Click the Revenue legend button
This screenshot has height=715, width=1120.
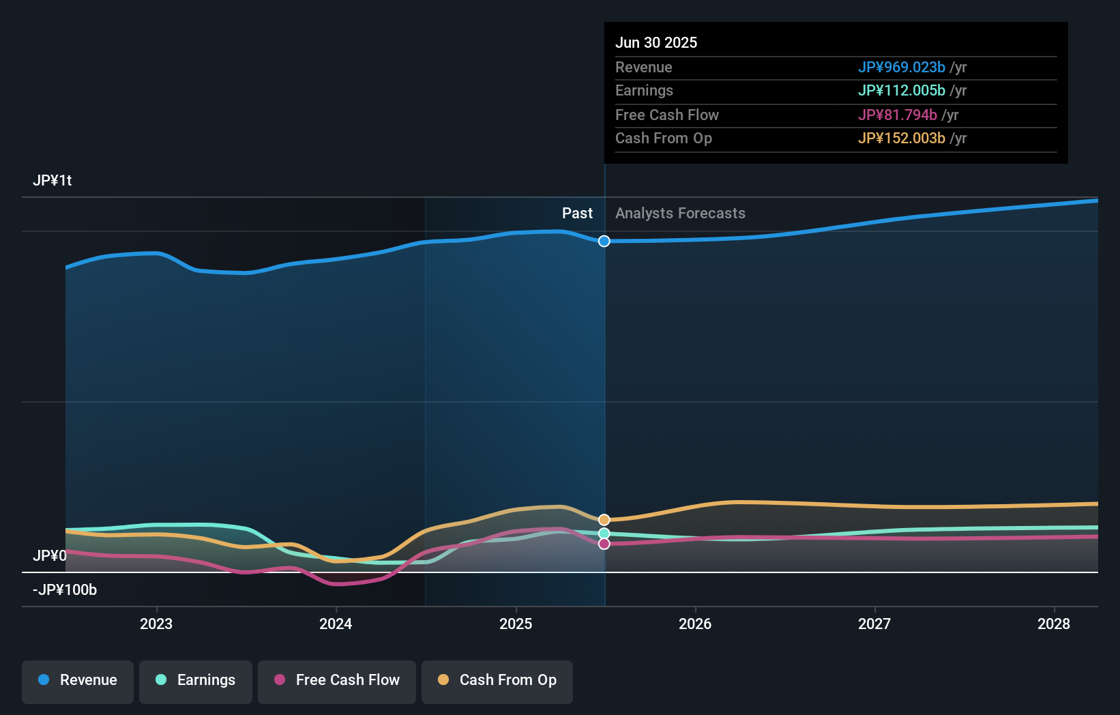[78, 680]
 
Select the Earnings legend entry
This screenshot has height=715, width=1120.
[196, 680]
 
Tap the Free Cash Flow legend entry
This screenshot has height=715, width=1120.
[337, 680]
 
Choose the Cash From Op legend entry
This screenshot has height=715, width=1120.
[497, 680]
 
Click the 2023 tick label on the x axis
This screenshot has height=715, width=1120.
[156, 624]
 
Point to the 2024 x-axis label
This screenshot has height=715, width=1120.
[336, 624]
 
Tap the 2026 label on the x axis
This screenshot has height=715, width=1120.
[695, 624]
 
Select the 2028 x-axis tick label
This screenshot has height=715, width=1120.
[1054, 624]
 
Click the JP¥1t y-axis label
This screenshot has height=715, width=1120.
[53, 181]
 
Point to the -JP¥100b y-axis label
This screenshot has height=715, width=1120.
[65, 590]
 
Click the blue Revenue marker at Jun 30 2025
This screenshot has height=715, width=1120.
[604, 241]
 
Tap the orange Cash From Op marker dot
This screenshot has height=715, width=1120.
[604, 520]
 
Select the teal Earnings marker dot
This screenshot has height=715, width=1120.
[604, 534]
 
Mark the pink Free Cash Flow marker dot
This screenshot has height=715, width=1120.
[604, 544]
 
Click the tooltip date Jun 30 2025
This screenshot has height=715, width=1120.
[656, 42]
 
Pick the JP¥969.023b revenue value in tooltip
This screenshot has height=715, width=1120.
[901, 67]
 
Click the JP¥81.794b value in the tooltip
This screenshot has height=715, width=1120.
[897, 115]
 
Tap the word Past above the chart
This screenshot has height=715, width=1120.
[577, 214]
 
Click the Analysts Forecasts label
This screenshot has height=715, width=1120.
[680, 214]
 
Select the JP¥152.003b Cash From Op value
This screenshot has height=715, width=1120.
[901, 138]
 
